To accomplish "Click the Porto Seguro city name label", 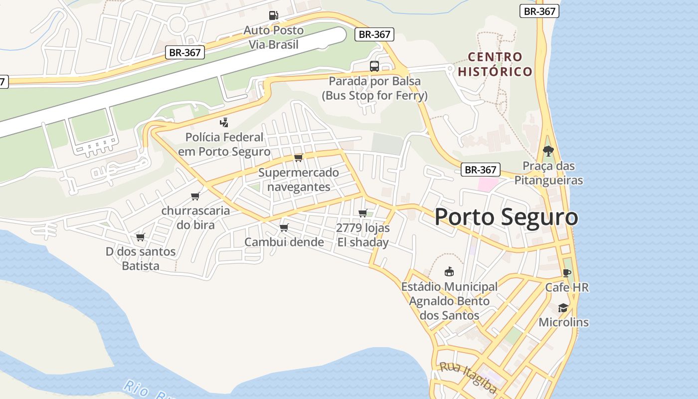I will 506,217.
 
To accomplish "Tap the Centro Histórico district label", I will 495,64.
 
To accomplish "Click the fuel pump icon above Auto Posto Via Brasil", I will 273,15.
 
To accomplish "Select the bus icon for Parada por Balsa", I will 374,66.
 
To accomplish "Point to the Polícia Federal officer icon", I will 224,122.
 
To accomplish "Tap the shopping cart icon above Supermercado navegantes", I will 298,158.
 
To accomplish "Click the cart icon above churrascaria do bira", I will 195,196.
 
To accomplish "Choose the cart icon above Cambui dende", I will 284,227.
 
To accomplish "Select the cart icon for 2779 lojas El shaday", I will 362,213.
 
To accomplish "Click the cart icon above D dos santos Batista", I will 140,237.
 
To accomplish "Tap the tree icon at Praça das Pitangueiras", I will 548,151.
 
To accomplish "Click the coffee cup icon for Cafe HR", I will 566,273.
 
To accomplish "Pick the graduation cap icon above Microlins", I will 563,308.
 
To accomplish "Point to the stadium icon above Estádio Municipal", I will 449,272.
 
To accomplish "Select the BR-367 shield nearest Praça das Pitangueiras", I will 481,170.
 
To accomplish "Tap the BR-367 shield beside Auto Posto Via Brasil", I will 374,34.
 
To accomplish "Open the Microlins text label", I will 563,322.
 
